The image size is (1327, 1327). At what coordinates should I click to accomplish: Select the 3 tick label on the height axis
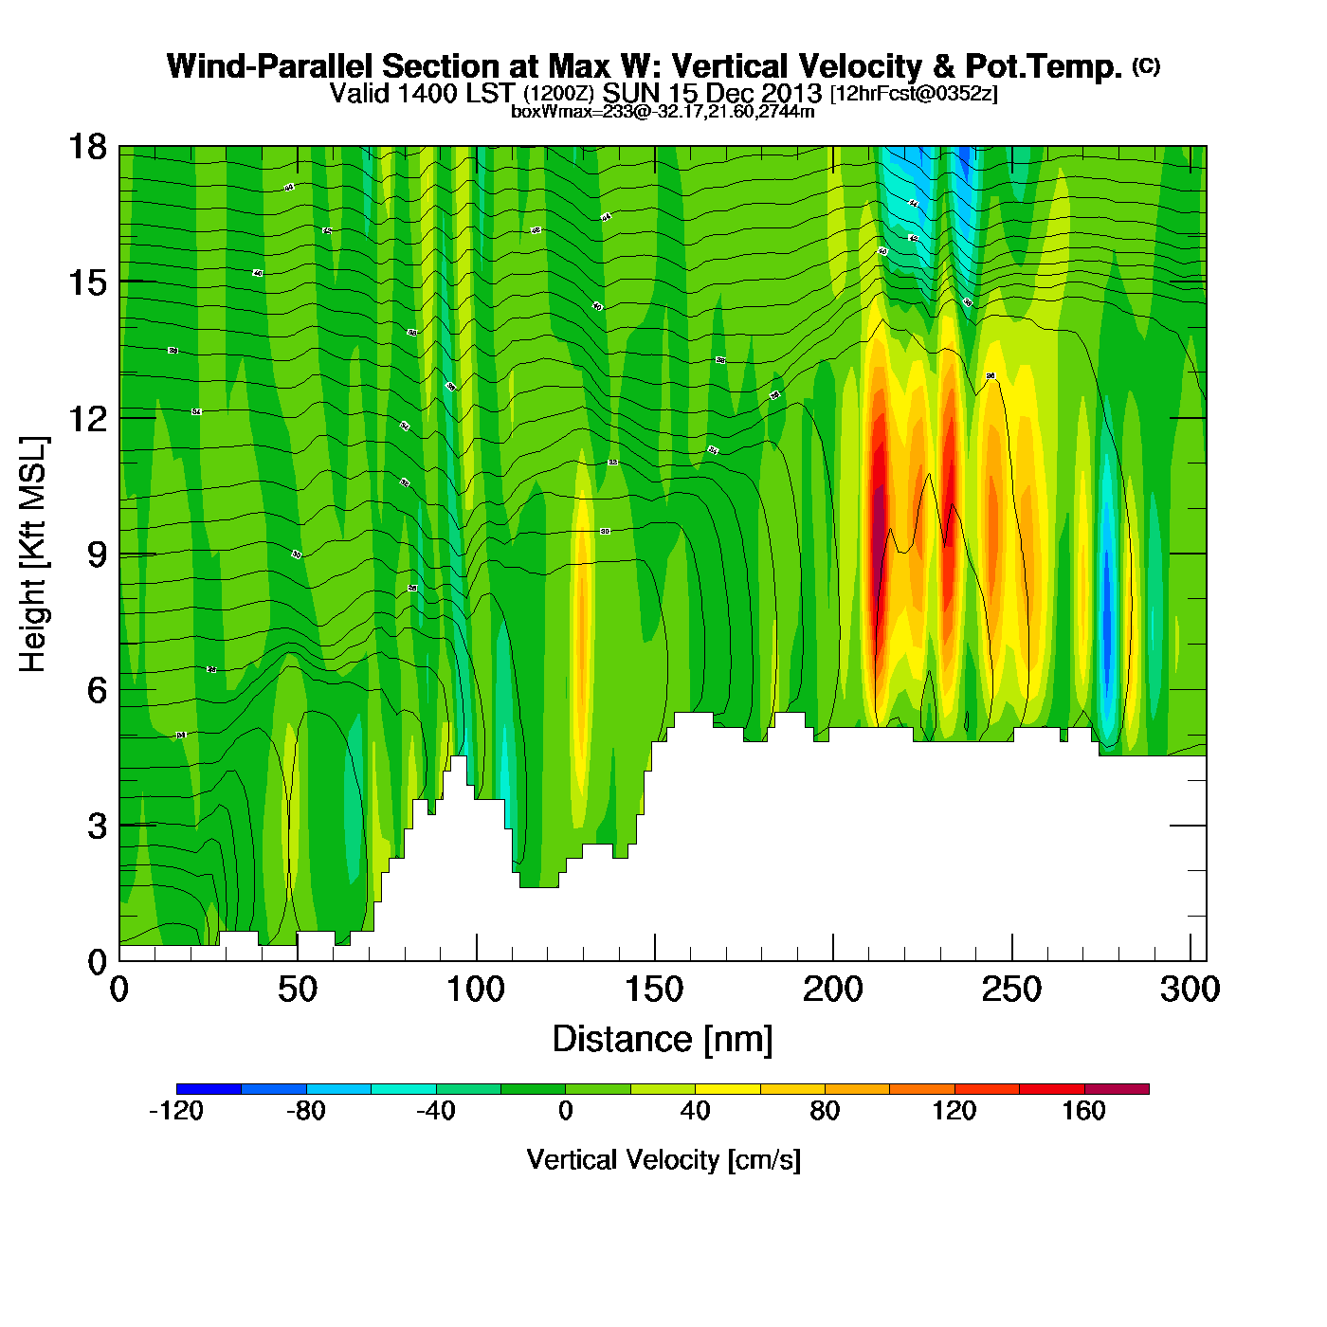coord(97,826)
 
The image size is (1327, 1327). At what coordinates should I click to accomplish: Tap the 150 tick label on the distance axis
coord(654,990)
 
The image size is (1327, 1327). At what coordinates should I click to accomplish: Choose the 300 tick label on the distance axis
coord(1191,990)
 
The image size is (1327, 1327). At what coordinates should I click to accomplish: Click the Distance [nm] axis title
coord(663,1039)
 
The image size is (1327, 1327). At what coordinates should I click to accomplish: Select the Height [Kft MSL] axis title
coord(33,554)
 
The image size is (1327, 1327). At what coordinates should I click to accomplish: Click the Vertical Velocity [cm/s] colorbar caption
coord(663,1159)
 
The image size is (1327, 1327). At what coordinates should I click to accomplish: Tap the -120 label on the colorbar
coord(176,1111)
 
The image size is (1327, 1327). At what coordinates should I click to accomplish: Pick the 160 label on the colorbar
coord(1083,1111)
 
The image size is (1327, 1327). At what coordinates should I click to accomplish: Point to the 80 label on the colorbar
coord(825,1111)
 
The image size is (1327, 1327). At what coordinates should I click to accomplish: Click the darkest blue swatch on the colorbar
coord(209,1089)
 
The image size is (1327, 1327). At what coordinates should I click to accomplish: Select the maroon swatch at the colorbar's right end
coord(1117,1089)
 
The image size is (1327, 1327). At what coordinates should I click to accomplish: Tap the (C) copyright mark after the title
coord(1145,65)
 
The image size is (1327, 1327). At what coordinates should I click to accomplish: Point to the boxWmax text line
coord(663,111)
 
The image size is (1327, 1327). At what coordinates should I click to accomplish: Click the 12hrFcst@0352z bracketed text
coord(914,94)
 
